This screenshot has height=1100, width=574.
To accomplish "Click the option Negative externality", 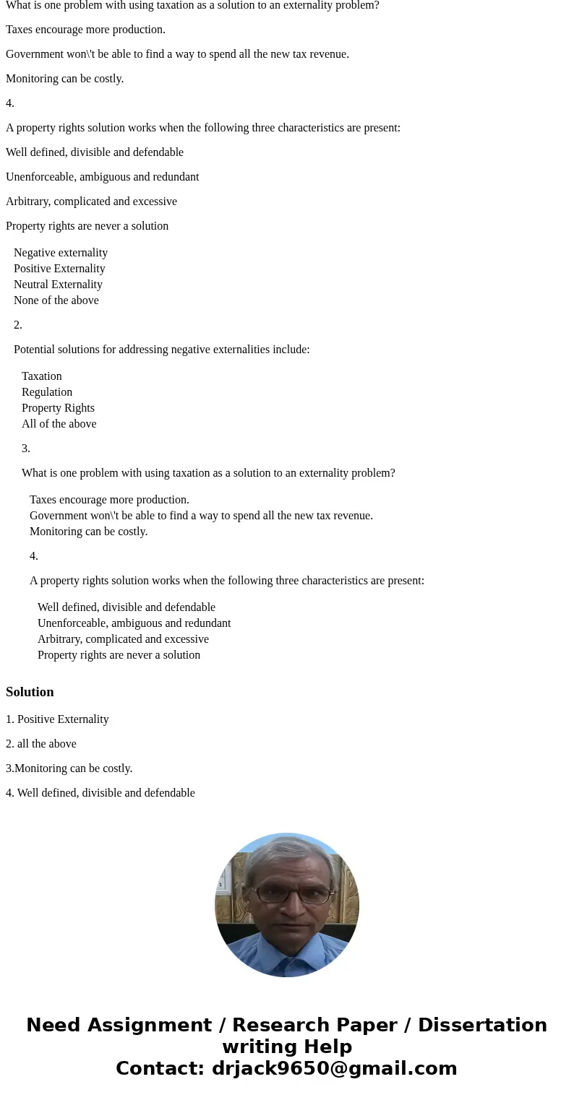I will (x=61, y=253).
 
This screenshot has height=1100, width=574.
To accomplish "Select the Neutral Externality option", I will (x=58, y=285).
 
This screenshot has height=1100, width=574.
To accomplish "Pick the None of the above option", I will (x=56, y=300).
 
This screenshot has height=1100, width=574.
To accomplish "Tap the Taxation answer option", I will (x=42, y=376).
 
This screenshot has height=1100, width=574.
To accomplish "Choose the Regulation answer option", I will (x=47, y=392).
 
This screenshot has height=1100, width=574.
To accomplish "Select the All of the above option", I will (x=59, y=424).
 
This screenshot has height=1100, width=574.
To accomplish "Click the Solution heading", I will (x=30, y=692).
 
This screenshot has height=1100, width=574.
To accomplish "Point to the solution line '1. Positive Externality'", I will (x=57, y=719).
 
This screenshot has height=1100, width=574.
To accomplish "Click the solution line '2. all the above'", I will (x=41, y=744).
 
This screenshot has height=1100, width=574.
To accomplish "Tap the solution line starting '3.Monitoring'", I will (x=69, y=768).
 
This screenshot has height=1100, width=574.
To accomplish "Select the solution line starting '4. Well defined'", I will (x=100, y=793).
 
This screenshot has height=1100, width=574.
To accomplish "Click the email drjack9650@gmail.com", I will (x=334, y=1069).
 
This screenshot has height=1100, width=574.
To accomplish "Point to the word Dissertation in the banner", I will (x=482, y=1026).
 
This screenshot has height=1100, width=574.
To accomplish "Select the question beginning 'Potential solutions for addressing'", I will (x=162, y=350).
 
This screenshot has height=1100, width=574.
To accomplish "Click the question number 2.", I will (x=18, y=325).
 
